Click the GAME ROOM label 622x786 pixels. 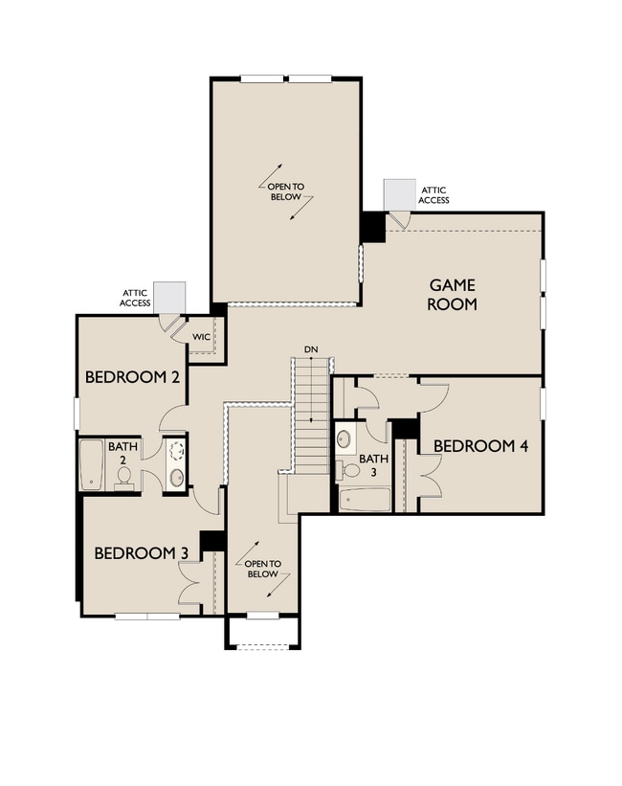(x=452, y=295)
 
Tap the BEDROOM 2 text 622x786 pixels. (x=133, y=376)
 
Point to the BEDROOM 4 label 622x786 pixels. (x=480, y=446)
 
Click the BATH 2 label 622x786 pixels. (x=122, y=453)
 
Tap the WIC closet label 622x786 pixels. (x=201, y=337)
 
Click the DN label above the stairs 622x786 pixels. (x=310, y=349)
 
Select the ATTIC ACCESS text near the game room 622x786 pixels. (x=433, y=195)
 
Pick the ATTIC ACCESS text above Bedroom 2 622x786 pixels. (x=135, y=298)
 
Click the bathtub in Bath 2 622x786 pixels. (x=91, y=465)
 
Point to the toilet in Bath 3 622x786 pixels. (x=342, y=468)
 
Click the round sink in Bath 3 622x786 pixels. (x=344, y=440)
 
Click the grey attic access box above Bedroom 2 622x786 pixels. (x=168, y=297)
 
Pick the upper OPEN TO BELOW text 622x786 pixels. (x=285, y=191)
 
